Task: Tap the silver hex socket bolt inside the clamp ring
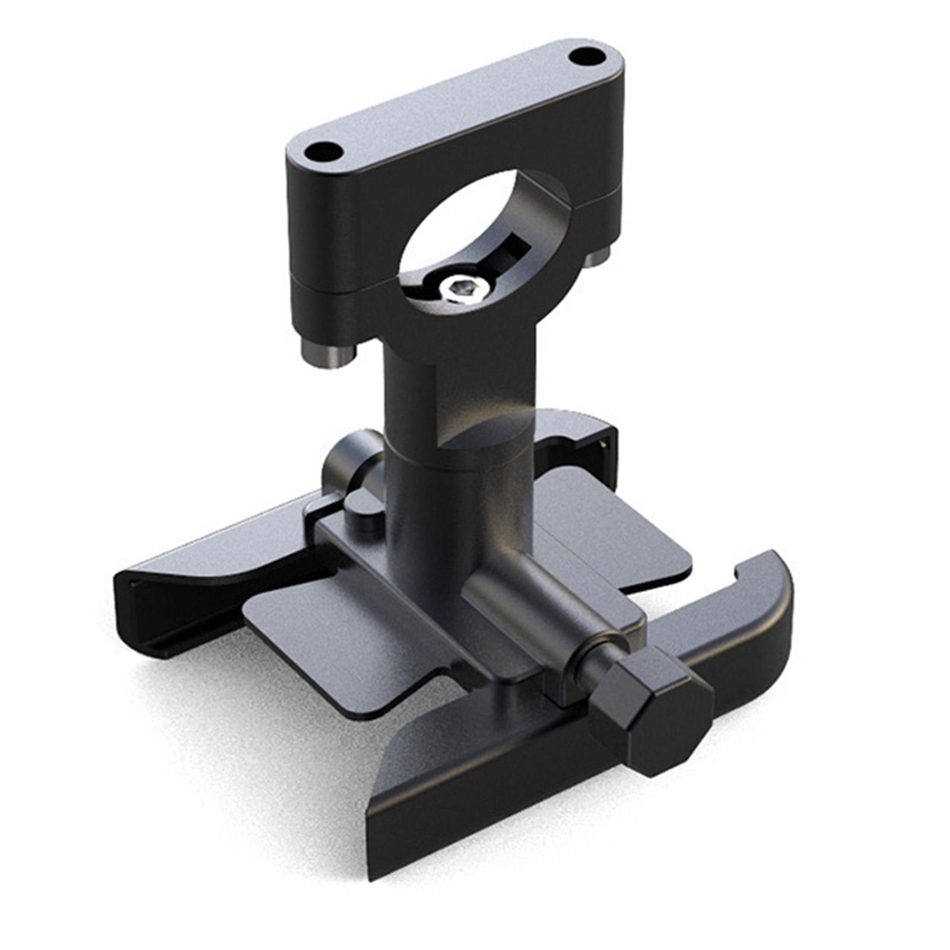tap(462, 288)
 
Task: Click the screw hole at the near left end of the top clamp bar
tap(323, 152)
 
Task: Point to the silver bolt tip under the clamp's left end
tap(328, 354)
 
